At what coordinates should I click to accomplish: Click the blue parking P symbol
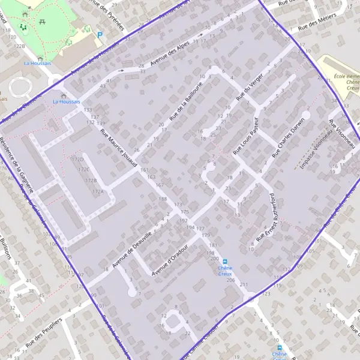click(100, 35)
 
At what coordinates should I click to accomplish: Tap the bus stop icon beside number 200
click(225, 262)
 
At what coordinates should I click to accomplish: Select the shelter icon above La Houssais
click(64, 95)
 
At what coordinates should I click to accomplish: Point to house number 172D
click(77, 160)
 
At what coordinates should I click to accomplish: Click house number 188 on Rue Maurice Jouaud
click(163, 199)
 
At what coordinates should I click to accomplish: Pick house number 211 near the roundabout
click(244, 284)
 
